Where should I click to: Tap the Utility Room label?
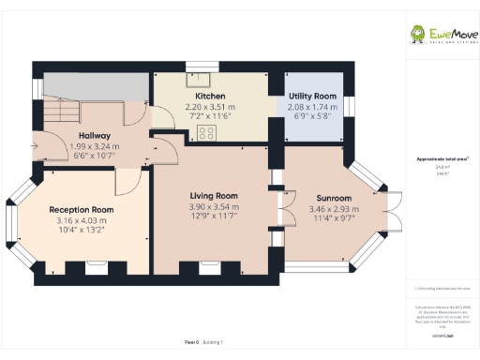(x=312, y=97)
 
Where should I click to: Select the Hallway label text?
(x=94, y=135)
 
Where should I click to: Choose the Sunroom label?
(x=333, y=198)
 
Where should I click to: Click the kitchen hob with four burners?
(x=205, y=132)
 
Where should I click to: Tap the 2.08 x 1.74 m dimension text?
(x=312, y=108)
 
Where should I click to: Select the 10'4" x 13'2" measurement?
(x=82, y=230)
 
